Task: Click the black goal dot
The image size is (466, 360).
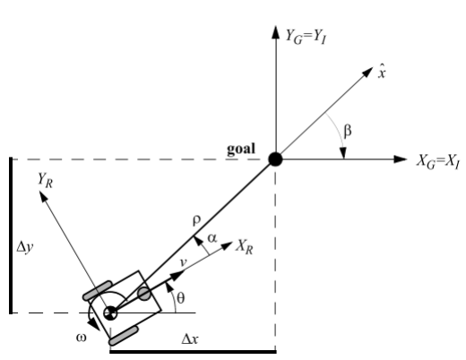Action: coord(275,159)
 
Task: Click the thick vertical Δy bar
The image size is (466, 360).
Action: coord(12,235)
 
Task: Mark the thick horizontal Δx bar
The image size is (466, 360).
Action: coord(192,351)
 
